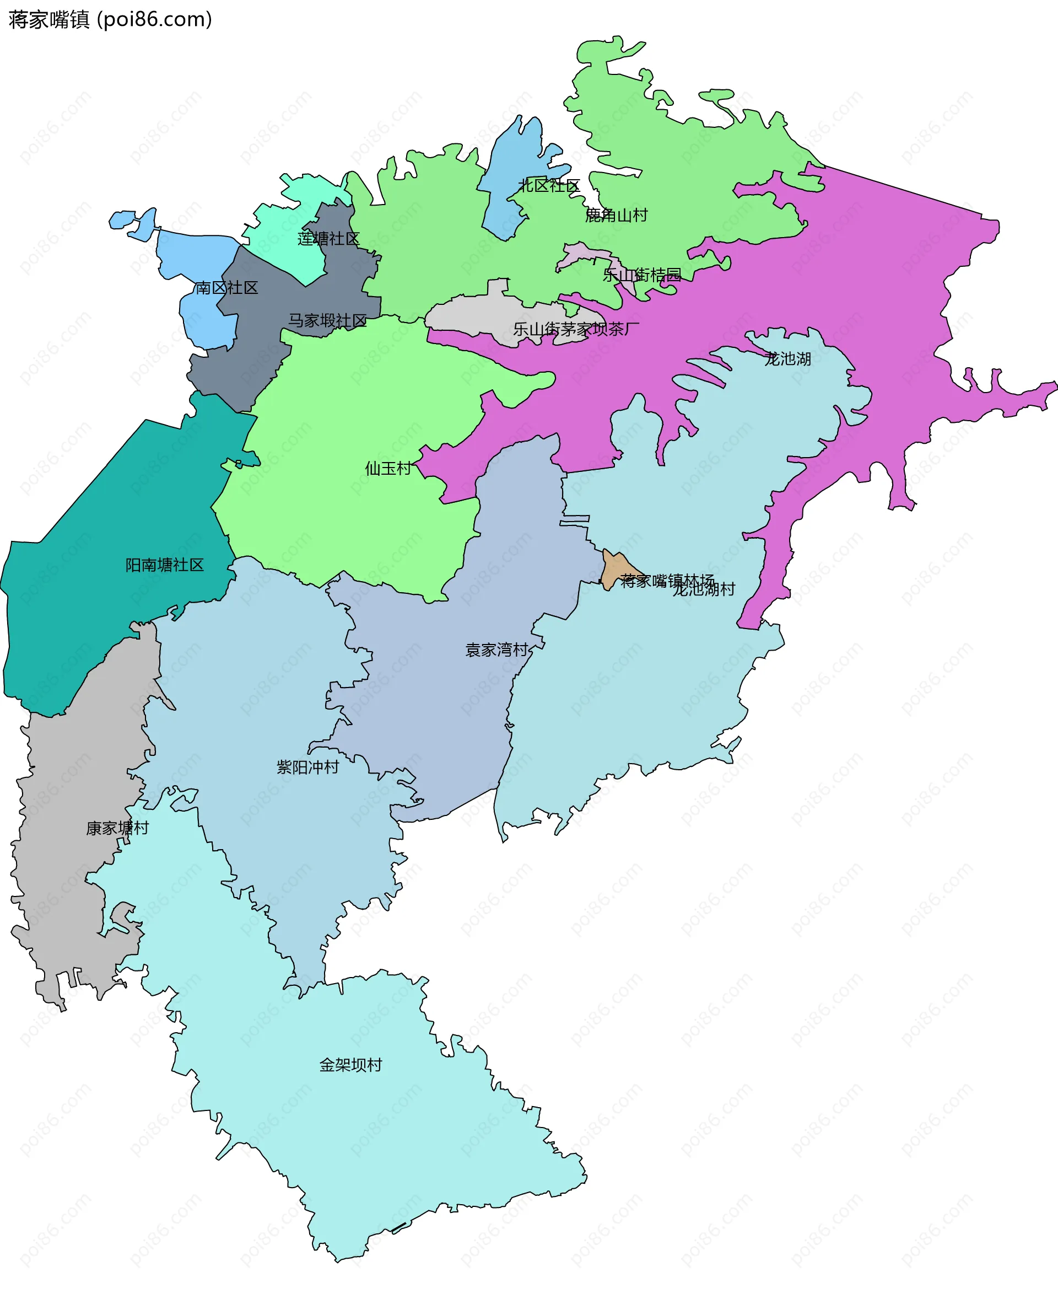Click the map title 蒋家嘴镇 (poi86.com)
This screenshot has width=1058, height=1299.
110,19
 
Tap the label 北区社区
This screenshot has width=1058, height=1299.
548,186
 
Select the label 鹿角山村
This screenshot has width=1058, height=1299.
616,215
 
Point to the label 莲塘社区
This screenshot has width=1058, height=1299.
328,238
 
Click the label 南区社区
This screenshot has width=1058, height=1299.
226,287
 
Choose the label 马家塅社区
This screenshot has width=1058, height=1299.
327,320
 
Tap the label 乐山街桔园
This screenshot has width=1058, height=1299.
642,275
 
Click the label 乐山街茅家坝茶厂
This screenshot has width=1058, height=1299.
576,329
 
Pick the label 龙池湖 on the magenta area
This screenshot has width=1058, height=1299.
787,358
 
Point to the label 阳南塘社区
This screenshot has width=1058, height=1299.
165,565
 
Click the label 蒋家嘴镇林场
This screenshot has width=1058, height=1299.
667,581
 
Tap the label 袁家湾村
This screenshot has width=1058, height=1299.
496,649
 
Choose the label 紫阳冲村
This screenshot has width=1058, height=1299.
308,767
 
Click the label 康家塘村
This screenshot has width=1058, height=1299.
117,828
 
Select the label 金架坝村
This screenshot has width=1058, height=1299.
350,1065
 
